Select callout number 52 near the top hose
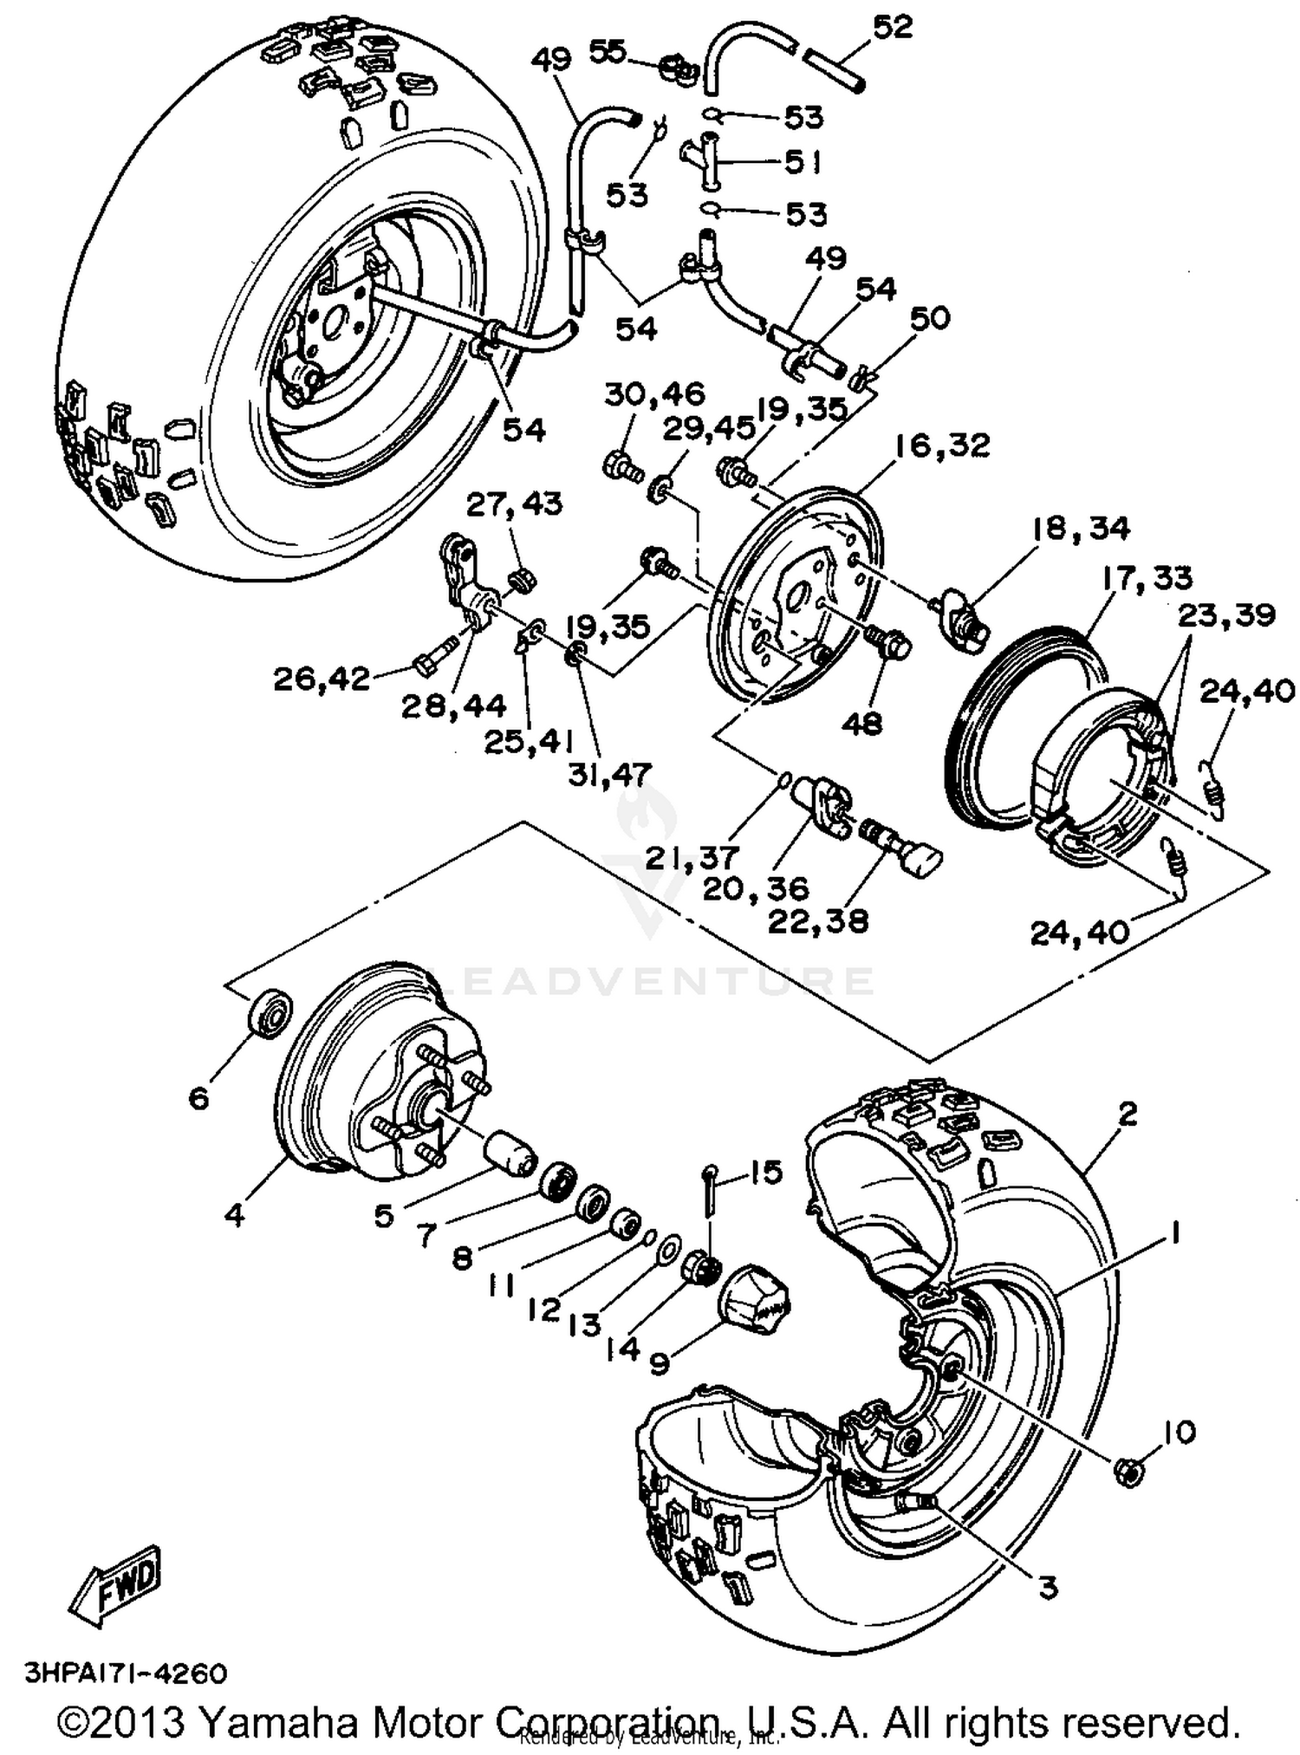tap(893, 28)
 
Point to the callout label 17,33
tap(1147, 577)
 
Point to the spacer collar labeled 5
tap(509, 1154)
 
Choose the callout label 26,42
tap(322, 679)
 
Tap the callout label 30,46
tap(655, 394)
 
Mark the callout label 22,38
tap(817, 920)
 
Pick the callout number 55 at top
tap(608, 52)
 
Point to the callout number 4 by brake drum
tap(234, 1214)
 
